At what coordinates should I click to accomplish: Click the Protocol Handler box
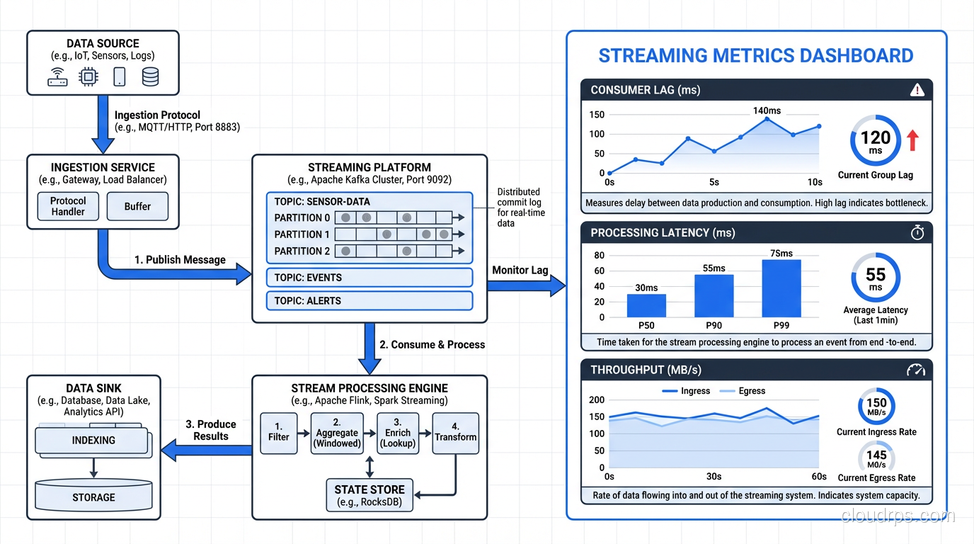pyautogui.click(x=68, y=206)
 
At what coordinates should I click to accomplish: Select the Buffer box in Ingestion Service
pyautogui.click(x=137, y=206)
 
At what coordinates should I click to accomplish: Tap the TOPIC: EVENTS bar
pyautogui.click(x=369, y=278)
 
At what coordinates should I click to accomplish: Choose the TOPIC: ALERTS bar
pyautogui.click(x=369, y=300)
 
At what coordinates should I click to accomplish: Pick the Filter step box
pyautogui.click(x=278, y=432)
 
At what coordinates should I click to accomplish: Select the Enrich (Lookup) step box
pyautogui.click(x=398, y=432)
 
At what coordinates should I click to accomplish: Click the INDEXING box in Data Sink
pyautogui.click(x=93, y=441)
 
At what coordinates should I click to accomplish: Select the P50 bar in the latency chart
pyautogui.click(x=646, y=305)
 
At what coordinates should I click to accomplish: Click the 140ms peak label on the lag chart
pyautogui.click(x=767, y=110)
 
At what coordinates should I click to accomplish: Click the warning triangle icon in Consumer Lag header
pyautogui.click(x=917, y=90)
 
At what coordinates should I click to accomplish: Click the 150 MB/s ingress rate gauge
pyautogui.click(x=876, y=407)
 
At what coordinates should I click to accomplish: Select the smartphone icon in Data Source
pyautogui.click(x=119, y=77)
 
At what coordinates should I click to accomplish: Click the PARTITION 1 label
pyautogui.click(x=302, y=234)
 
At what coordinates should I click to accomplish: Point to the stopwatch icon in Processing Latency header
pyautogui.click(x=917, y=233)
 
